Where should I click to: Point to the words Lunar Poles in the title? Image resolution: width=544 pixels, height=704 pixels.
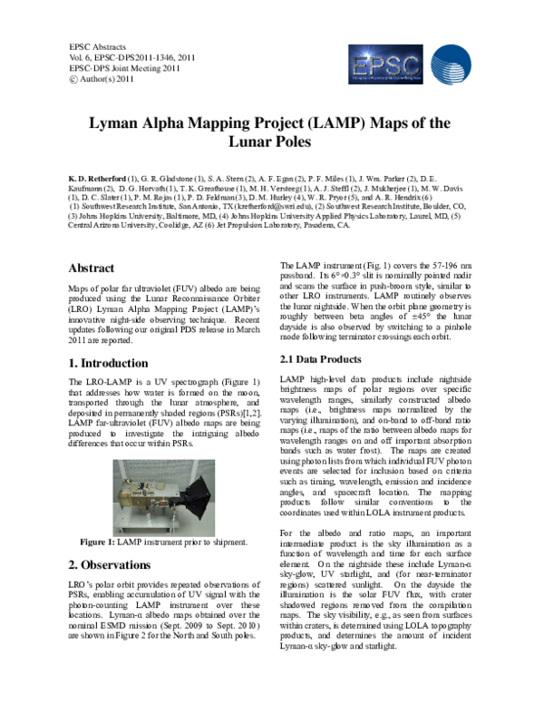click(272, 142)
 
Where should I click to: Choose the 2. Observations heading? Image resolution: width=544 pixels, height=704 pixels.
click(112, 563)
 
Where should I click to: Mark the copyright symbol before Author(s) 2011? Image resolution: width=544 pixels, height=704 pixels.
click(73, 79)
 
